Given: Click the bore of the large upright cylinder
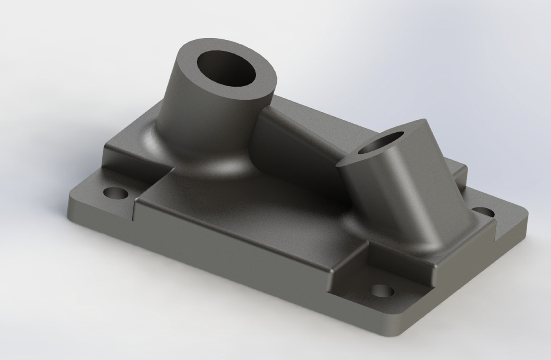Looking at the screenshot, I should coord(226,69).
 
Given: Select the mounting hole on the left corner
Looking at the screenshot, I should coord(115,194).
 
